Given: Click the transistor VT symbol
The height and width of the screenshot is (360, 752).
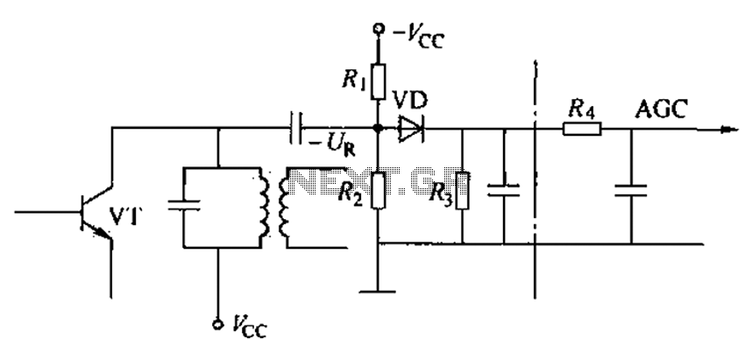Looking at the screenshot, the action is [x=96, y=212].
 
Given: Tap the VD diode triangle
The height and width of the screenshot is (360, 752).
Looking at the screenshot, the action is [x=411, y=129].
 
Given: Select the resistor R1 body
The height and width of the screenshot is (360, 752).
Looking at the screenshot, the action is [x=379, y=81].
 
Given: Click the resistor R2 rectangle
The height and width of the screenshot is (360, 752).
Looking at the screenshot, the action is [x=379, y=190].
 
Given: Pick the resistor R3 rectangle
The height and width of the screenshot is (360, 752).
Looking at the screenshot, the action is [x=462, y=190].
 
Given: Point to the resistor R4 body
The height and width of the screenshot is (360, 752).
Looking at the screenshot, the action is [x=582, y=129].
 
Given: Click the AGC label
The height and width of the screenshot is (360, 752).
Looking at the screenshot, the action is [x=661, y=109].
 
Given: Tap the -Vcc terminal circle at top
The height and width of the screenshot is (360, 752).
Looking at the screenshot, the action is [x=379, y=29].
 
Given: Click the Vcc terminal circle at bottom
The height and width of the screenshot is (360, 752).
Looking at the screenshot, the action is [x=219, y=325].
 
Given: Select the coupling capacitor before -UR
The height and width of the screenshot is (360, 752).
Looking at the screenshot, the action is [x=296, y=129].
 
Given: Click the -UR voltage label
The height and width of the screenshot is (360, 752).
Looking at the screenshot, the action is [x=331, y=145].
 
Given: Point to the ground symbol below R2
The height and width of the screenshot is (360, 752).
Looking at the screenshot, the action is [x=378, y=291].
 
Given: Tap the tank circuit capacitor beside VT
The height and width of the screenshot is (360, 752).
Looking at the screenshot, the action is [x=184, y=206].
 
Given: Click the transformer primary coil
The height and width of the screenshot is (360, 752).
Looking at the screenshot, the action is [x=263, y=207].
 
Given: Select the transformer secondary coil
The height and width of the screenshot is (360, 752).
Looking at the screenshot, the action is [x=283, y=207].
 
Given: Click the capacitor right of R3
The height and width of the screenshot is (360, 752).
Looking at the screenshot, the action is [x=504, y=190].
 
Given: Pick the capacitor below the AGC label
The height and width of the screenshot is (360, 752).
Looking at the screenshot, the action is [x=631, y=190].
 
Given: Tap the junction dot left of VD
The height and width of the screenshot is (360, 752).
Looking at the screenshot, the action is [x=379, y=129].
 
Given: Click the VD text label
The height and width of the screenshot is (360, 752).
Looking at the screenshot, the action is [x=410, y=101].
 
